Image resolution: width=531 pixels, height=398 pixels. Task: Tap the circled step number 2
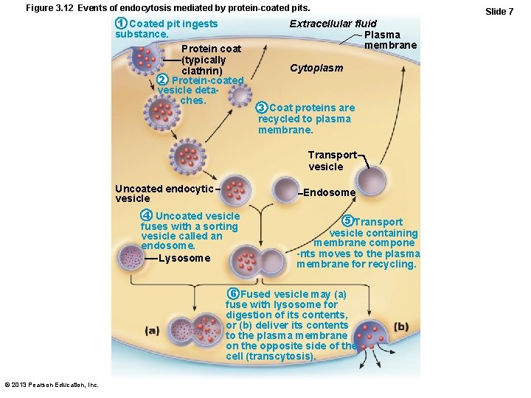tap(163, 80)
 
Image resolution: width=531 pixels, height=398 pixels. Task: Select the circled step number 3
tap(262, 108)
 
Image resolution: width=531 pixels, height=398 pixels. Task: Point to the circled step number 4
tap(147, 215)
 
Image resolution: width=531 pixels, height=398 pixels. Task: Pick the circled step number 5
tap(347, 221)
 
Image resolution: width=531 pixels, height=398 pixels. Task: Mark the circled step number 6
tap(232, 293)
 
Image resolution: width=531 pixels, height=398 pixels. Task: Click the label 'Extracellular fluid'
tap(333, 24)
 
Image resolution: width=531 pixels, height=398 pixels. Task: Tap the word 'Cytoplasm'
tap(316, 68)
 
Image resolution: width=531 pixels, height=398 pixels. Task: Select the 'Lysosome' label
tap(184, 258)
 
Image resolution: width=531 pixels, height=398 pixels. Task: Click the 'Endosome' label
tap(330, 192)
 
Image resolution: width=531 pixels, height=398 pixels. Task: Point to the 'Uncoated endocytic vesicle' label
tap(164, 193)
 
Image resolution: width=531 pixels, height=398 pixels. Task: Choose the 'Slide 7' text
tap(499, 11)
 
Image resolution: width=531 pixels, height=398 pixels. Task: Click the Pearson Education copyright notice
tap(51, 385)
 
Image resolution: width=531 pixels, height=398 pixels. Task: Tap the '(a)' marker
tap(152, 330)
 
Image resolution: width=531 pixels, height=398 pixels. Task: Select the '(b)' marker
tap(401, 327)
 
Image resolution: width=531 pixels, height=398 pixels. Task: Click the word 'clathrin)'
tap(202, 70)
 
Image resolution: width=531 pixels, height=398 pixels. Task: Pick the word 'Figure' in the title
tap(41, 7)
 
